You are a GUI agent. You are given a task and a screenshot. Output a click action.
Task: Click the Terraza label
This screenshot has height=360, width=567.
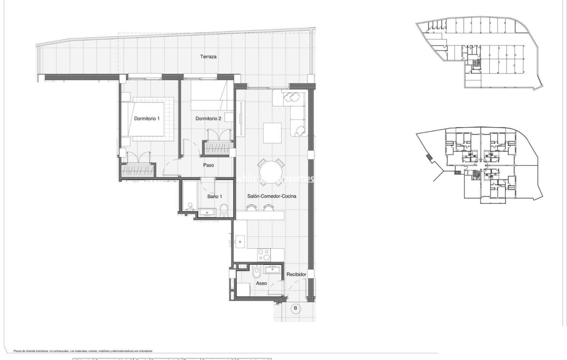(x=208, y=57)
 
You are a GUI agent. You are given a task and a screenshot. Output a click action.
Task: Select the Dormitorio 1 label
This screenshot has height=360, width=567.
(x=147, y=118)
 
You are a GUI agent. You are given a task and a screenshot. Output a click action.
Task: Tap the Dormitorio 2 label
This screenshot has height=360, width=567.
(x=208, y=118)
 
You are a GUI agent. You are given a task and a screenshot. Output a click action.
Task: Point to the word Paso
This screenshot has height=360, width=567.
(x=208, y=165)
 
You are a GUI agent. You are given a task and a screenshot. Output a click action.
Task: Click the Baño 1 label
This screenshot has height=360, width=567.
(x=214, y=196)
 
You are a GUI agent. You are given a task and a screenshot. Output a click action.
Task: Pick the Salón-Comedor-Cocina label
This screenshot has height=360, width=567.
(x=271, y=196)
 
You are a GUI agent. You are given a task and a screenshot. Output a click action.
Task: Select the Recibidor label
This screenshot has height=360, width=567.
(x=296, y=274)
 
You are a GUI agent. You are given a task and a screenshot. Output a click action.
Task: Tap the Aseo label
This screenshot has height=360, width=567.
(x=261, y=283)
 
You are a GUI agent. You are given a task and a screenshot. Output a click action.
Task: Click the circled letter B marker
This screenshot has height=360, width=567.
(x=295, y=308)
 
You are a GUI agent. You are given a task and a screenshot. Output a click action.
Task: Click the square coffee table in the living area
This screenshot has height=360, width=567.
(x=272, y=133)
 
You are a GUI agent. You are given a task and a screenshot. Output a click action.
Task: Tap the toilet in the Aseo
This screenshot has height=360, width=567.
(x=256, y=273)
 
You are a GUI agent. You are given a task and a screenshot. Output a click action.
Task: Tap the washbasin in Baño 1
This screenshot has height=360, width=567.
(x=207, y=212)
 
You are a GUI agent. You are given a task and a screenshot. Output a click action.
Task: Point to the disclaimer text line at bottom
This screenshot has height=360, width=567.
(x=83, y=351)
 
